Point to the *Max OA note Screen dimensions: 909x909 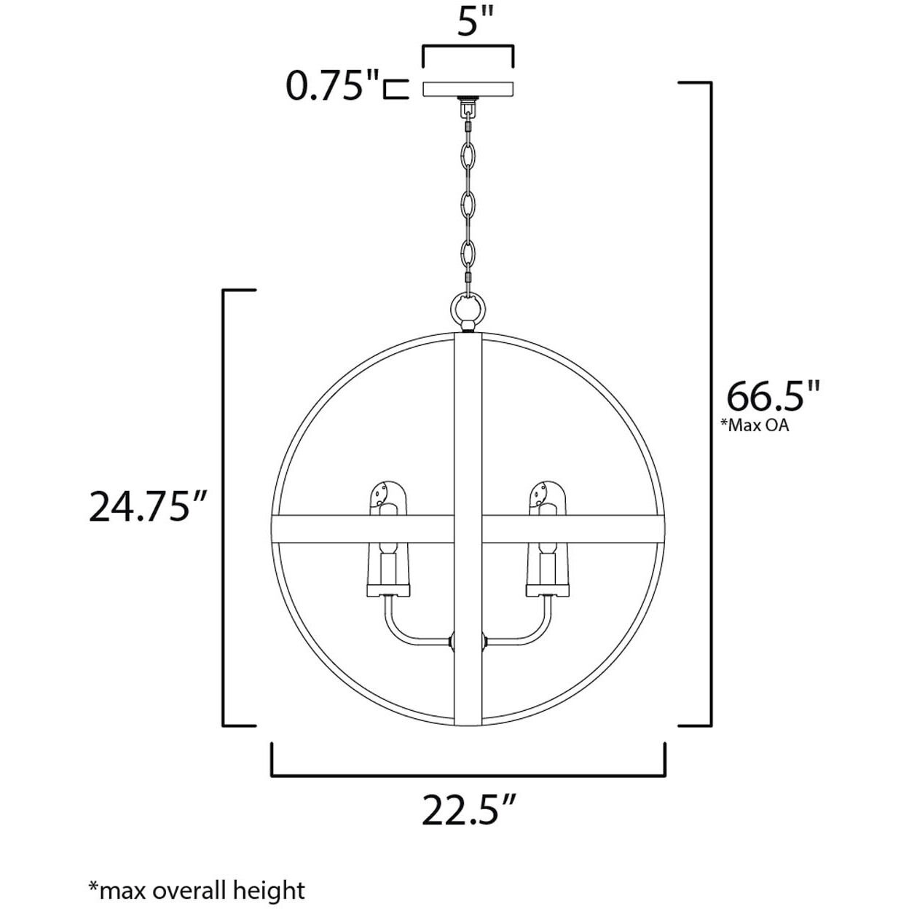click(x=755, y=425)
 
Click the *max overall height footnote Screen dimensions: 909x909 click(x=197, y=889)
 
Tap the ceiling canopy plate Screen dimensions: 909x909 click(x=468, y=89)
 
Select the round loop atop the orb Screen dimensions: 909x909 click(x=468, y=308)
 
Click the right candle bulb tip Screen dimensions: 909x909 click(x=547, y=495)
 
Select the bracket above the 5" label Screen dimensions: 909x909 click(x=468, y=48)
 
